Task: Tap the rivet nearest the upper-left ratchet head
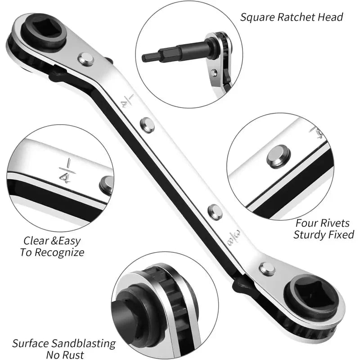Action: tap(86, 59)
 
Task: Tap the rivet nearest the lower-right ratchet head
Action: tap(267, 269)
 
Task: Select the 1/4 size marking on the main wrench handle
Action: tap(127, 101)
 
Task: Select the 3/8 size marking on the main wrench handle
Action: tap(234, 238)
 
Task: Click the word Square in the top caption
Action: tap(257, 18)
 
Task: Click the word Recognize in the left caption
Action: tap(59, 252)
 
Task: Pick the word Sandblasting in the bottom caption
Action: tap(83, 343)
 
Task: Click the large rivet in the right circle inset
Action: tap(278, 157)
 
